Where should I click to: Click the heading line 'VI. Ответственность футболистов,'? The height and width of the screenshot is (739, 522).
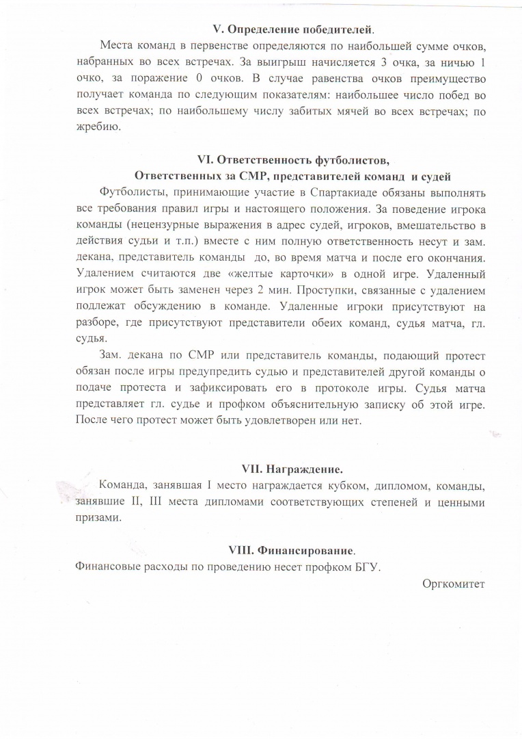click(292, 161)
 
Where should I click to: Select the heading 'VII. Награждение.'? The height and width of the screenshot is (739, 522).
click(292, 469)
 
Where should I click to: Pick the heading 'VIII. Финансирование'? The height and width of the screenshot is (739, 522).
click(292, 550)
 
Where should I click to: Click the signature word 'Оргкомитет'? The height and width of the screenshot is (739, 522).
click(453, 583)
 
